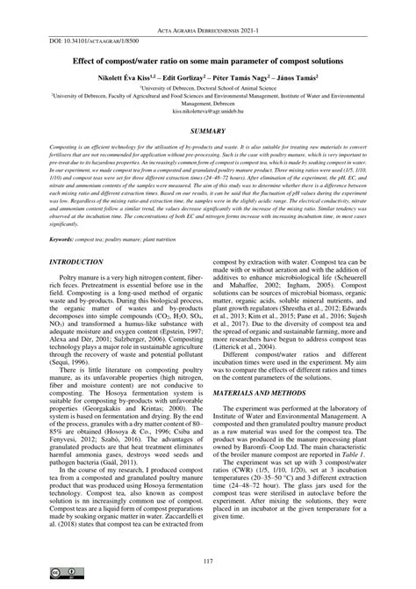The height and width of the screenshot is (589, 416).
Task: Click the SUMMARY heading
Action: (x=207, y=130)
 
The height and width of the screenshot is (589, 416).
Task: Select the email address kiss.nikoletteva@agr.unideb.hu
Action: (x=207, y=113)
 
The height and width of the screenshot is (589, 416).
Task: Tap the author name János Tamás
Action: (x=298, y=76)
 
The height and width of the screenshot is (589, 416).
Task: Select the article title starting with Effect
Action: (x=208, y=60)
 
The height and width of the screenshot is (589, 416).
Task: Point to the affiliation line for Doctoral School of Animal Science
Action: (x=208, y=89)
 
